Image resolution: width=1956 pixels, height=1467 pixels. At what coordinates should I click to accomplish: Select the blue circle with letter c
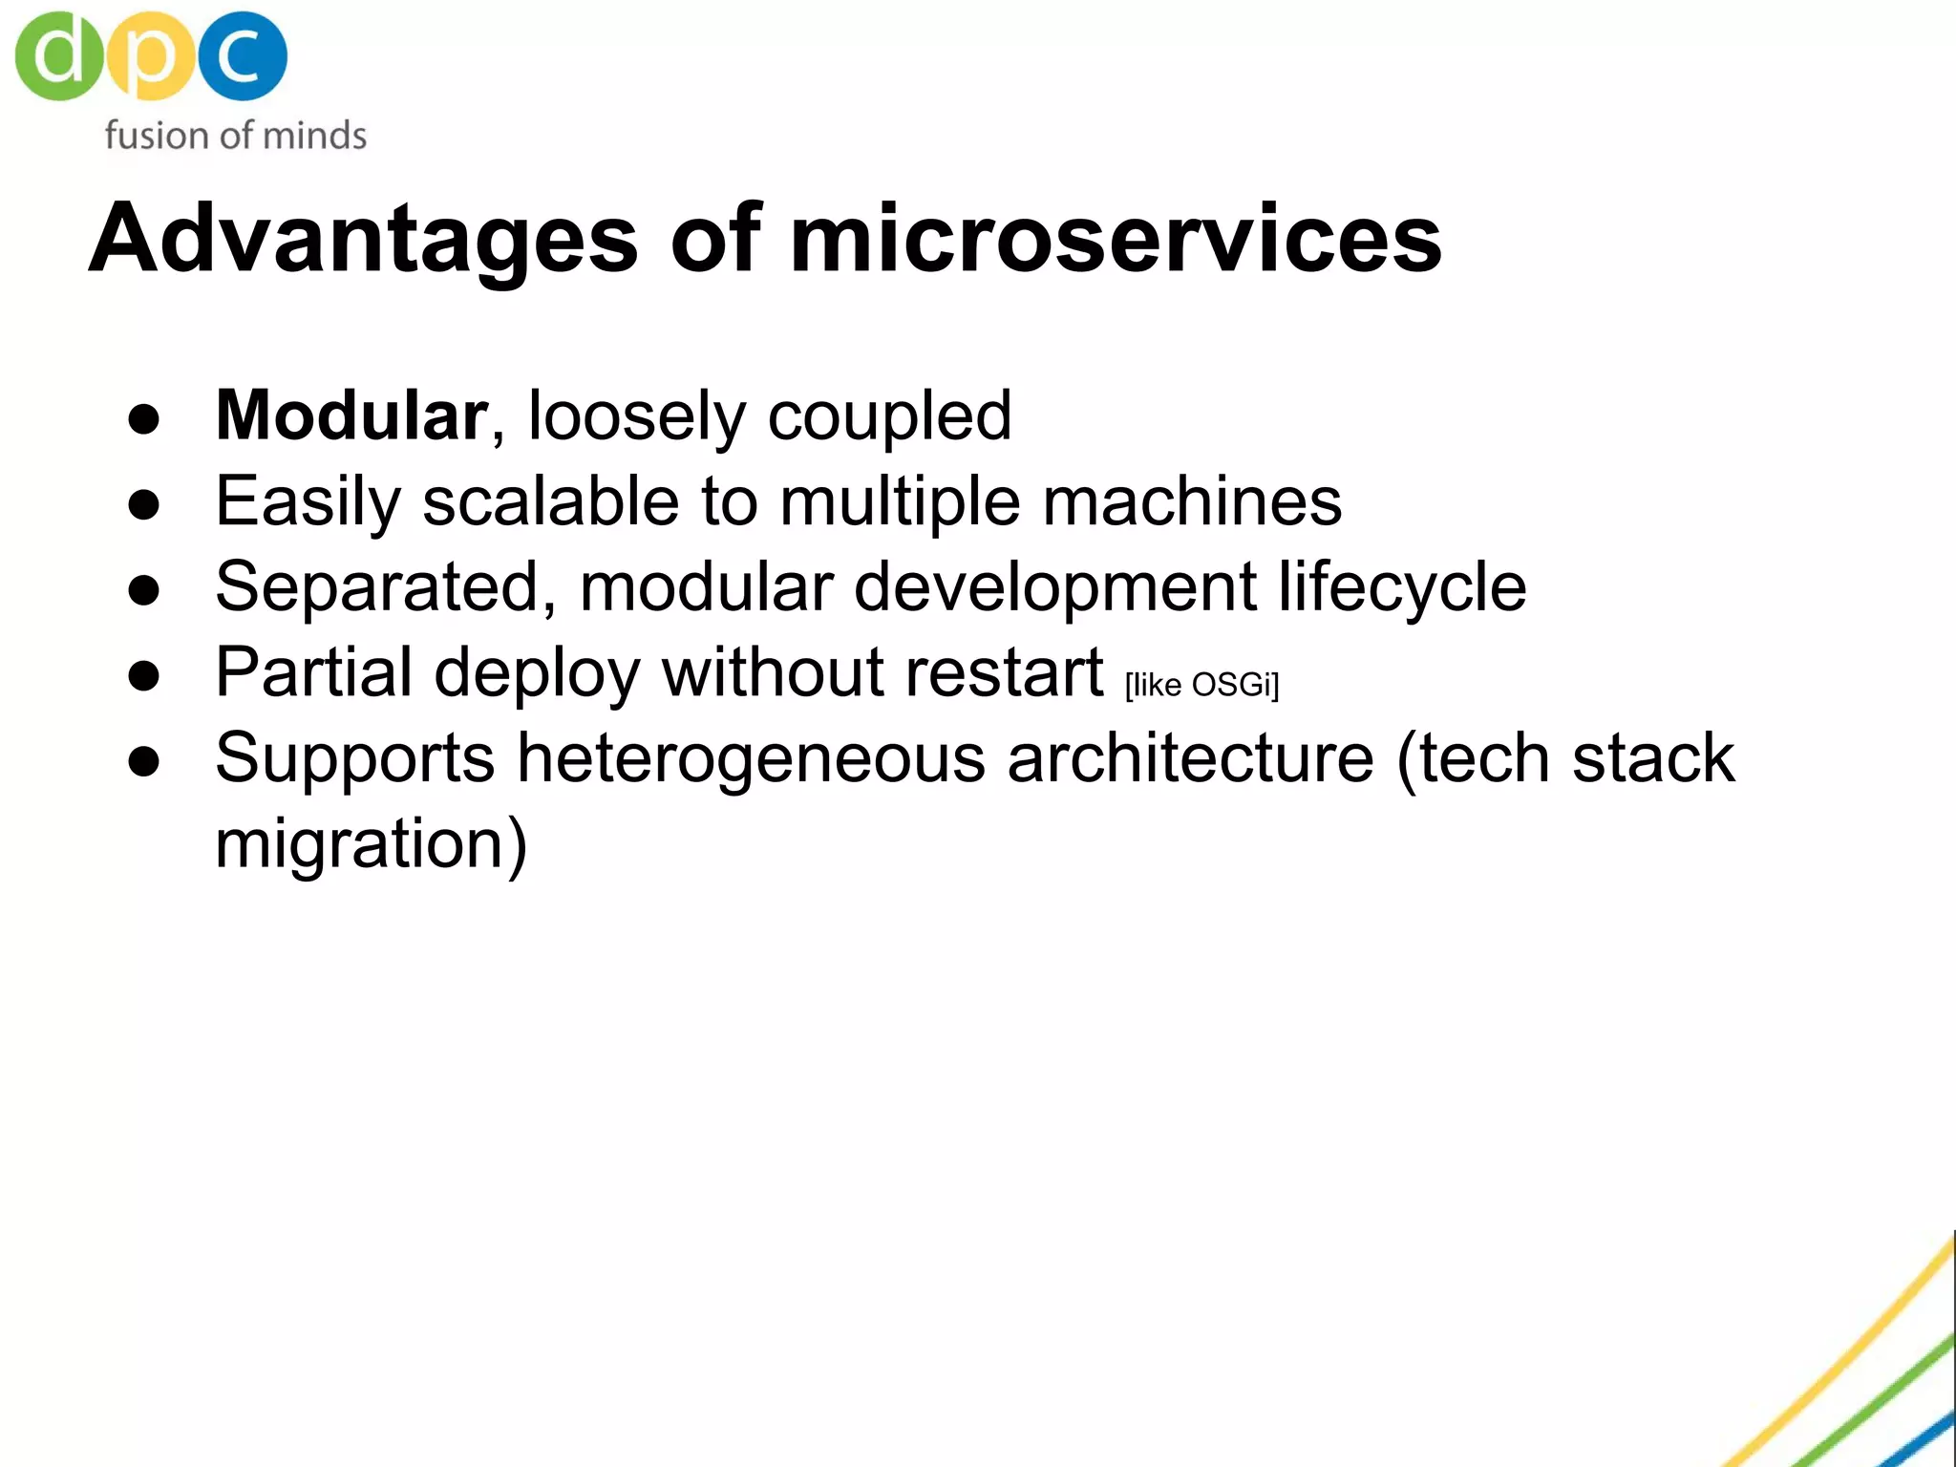click(x=243, y=55)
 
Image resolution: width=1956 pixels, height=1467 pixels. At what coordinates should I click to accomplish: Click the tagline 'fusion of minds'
click(x=235, y=136)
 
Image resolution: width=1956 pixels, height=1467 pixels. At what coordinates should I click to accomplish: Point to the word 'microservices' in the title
click(x=1116, y=239)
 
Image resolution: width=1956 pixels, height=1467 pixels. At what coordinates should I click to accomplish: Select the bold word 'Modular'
click(x=351, y=415)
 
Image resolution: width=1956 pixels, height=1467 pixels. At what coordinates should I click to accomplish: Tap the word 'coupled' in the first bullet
click(x=889, y=417)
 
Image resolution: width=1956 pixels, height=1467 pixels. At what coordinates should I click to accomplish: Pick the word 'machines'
click(x=1192, y=501)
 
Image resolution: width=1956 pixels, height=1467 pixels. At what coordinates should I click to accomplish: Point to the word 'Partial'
click(x=314, y=672)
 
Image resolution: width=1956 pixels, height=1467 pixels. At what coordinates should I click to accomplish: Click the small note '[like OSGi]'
click(x=1201, y=685)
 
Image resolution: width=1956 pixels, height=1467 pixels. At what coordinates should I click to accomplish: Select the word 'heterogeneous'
click(x=751, y=758)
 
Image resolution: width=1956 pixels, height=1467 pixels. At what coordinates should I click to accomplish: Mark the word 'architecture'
click(x=1191, y=758)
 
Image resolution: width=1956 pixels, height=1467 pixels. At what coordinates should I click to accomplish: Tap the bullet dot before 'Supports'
click(x=144, y=762)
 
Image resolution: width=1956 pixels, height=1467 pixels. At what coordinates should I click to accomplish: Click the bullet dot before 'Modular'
click(x=144, y=420)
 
